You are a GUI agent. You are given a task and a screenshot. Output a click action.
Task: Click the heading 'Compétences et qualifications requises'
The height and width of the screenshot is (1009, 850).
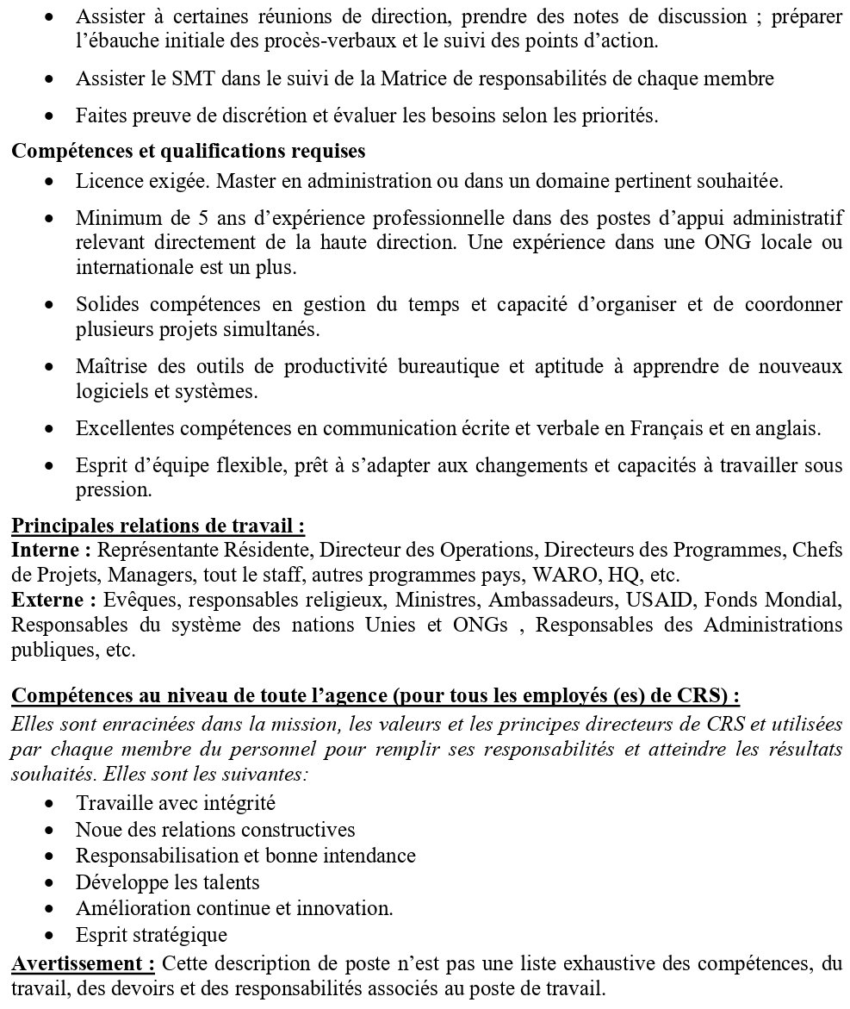coord(188,152)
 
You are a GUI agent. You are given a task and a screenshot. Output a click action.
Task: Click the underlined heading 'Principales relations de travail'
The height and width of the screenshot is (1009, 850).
coord(157,525)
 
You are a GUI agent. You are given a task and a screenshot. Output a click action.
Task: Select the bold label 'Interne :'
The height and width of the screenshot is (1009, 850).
coord(51,550)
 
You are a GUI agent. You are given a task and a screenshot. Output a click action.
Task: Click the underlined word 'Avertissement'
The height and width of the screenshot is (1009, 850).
coord(83,962)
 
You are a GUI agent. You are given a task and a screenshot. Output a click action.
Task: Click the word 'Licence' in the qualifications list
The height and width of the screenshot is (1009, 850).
coord(104,183)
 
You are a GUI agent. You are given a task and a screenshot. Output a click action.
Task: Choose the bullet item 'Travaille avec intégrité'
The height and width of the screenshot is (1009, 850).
coord(176,803)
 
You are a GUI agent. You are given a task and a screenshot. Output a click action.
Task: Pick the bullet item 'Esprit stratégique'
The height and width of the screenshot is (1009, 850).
coord(152,934)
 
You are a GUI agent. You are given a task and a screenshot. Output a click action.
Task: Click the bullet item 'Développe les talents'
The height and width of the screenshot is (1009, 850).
coord(167,881)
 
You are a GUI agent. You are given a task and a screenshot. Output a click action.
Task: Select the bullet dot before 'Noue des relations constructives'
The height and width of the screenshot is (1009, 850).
coord(56,830)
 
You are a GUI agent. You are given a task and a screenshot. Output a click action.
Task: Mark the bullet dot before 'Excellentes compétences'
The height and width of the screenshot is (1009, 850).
coord(56,428)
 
